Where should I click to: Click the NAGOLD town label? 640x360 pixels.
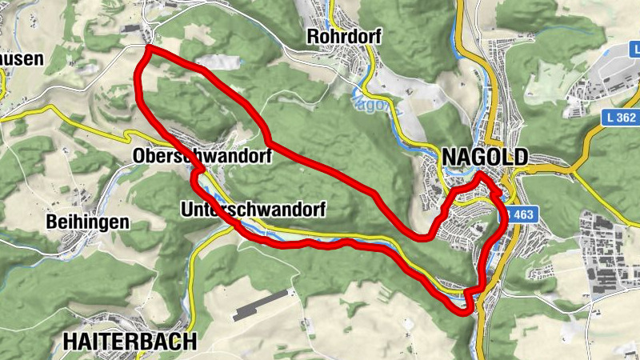pyautogui.click(x=484, y=156)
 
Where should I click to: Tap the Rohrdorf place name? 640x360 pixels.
pyautogui.click(x=344, y=37)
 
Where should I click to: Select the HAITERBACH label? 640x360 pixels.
pyautogui.click(x=129, y=342)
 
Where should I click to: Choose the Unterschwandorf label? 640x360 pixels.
pyautogui.click(x=254, y=210)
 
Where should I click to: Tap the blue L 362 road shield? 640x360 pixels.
pyautogui.click(x=620, y=117)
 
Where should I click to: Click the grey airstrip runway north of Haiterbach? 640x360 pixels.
pyautogui.click(x=260, y=305)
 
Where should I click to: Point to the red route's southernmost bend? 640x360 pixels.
pyautogui.click(x=466, y=311)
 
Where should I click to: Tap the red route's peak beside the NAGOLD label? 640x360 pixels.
pyautogui.click(x=478, y=174)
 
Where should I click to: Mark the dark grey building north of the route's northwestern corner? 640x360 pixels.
pyautogui.click(x=130, y=29)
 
